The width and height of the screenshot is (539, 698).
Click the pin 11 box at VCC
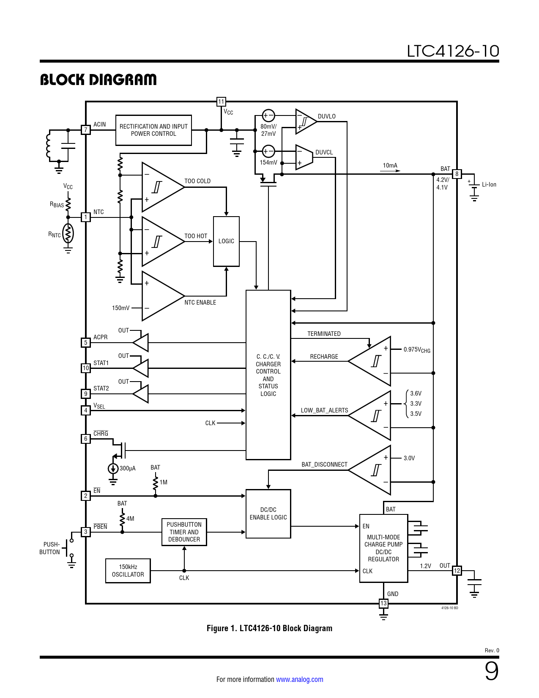coord(221,102)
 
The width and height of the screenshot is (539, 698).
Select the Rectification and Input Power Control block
coord(153,130)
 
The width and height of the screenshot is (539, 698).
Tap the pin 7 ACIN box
coord(86,130)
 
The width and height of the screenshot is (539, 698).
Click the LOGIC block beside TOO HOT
coord(226,241)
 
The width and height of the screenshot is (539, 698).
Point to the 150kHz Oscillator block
coord(128,571)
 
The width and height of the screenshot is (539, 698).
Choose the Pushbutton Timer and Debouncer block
coord(184,532)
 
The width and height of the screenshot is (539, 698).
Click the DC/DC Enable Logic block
coord(268,514)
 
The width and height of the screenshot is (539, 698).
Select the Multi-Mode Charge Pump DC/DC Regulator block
coord(383,548)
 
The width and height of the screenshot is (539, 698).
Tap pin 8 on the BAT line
coord(457,174)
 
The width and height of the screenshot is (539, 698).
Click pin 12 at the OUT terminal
coord(457,571)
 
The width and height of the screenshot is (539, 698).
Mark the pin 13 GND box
coord(383,603)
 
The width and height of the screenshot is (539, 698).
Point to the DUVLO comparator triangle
coord(305,121)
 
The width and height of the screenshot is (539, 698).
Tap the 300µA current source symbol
coord(113,469)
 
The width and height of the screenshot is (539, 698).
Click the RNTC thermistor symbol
coord(68,234)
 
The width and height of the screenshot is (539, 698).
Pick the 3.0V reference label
coord(409,458)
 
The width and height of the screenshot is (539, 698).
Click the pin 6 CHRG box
coord(86,439)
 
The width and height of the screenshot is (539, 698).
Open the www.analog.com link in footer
coord(299,679)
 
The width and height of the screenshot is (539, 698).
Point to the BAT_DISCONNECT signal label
coord(324,464)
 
